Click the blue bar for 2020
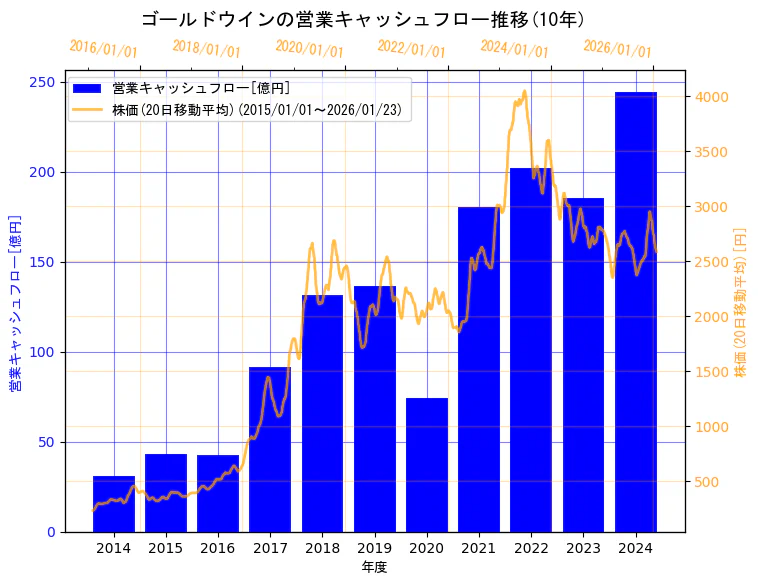pyautogui.click(x=427, y=465)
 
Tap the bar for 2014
pyautogui.click(x=114, y=504)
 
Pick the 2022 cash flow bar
pyautogui.click(x=531, y=350)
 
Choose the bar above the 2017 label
pyautogui.click(x=270, y=450)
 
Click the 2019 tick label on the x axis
pyautogui.click(x=375, y=548)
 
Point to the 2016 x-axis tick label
pyautogui.click(x=218, y=548)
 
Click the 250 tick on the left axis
pyautogui.click(x=43, y=82)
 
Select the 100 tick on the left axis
pyautogui.click(x=43, y=352)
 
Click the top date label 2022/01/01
pyautogui.click(x=412, y=49)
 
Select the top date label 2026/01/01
pyautogui.click(x=617, y=49)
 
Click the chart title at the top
pyautogui.click(x=363, y=19)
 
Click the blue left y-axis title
pyautogui.click(x=16, y=303)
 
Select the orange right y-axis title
pyautogui.click(x=741, y=303)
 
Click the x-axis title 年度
pyautogui.click(x=374, y=567)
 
